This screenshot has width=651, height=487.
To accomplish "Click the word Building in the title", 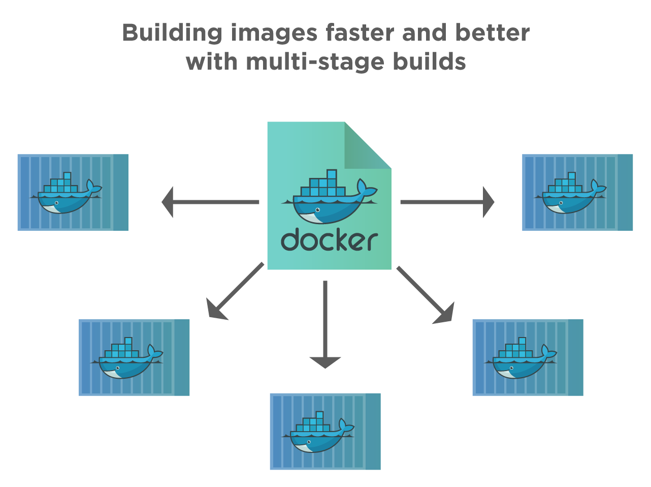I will click(172, 34).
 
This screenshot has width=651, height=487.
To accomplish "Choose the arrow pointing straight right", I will click(447, 202).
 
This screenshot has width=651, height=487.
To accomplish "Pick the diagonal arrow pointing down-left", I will click(235, 292).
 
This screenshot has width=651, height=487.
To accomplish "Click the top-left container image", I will click(73, 192).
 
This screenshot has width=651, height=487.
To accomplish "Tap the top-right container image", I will click(577, 192).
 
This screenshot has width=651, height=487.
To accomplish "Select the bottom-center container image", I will click(325, 431).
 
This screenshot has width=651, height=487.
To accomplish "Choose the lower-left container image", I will click(134, 357).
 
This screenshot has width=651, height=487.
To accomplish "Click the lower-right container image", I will click(528, 357).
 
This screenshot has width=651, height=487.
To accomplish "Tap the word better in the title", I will click(492, 33).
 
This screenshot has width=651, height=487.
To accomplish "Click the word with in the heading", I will click(211, 62).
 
